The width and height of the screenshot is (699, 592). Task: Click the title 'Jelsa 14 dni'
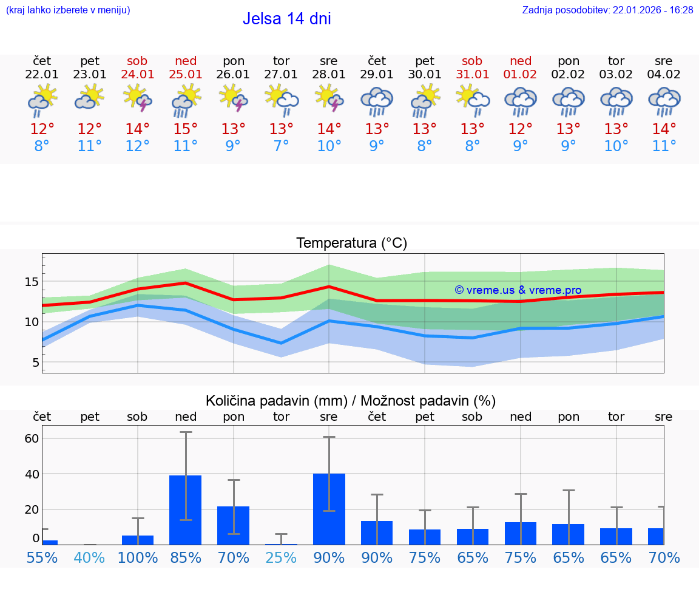(286, 19)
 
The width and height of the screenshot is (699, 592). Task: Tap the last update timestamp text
(607, 10)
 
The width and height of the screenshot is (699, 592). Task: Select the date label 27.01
(281, 75)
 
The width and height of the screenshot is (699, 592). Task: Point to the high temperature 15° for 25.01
(185, 129)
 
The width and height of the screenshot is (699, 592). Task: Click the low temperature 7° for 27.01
(281, 146)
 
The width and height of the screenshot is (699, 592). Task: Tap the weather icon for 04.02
(664, 101)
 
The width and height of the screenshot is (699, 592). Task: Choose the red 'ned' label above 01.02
(521, 61)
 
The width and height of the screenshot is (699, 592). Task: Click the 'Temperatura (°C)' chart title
(351, 243)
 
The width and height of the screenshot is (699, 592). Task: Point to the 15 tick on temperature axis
(32, 282)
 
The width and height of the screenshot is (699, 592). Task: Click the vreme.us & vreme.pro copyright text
(518, 290)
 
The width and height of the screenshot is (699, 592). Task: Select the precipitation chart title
(351, 401)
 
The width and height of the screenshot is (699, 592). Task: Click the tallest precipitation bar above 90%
(329, 509)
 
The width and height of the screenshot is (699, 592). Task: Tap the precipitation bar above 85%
(185, 509)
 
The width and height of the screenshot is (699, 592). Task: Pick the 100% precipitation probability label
(137, 557)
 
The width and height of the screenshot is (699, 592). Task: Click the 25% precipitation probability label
(281, 557)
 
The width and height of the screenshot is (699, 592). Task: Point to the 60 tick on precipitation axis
(32, 438)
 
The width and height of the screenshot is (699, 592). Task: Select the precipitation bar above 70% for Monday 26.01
(234, 525)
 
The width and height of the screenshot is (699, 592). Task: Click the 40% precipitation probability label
(89, 557)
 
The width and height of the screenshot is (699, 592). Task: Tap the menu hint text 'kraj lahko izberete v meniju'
(68, 10)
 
